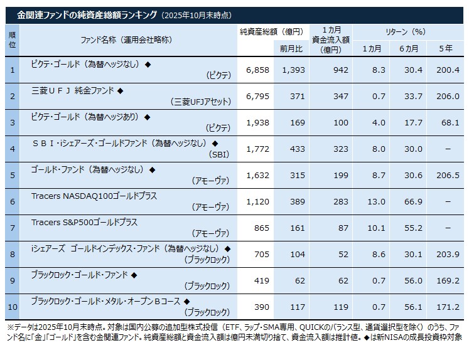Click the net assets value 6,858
[x=257, y=70]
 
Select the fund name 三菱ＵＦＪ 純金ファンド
[x=73, y=90]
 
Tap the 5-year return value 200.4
[x=448, y=70]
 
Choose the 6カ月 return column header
[x=412, y=49]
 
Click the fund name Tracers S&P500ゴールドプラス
[x=84, y=222]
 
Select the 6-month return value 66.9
[x=412, y=201]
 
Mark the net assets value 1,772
[x=257, y=149]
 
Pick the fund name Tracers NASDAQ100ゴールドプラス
[x=94, y=196]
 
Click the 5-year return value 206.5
[x=448, y=175]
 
